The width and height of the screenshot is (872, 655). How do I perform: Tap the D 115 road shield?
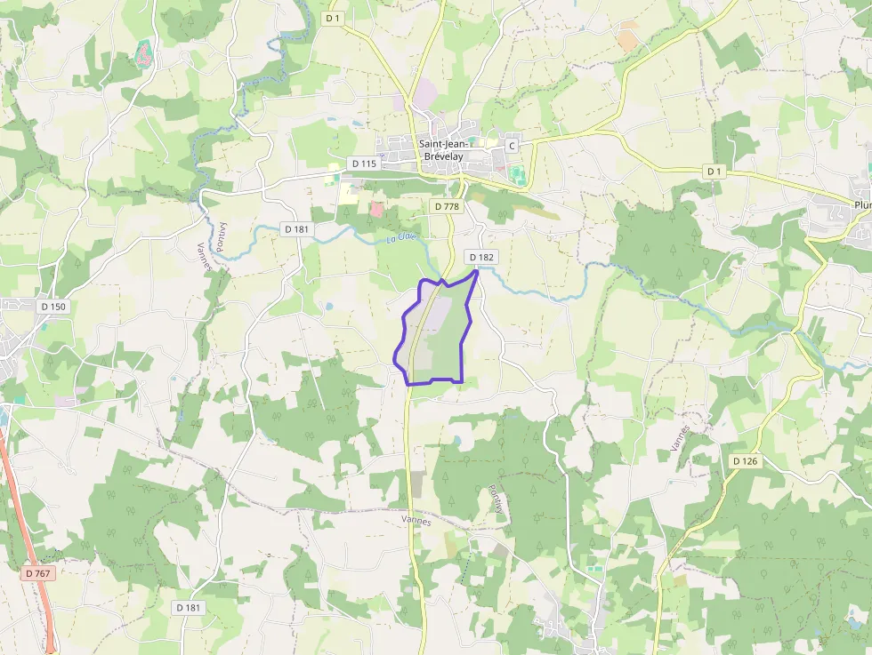coord(364,164)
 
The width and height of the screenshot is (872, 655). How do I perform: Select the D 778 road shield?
coord(448,206)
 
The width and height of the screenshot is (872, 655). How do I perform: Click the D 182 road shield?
coord(481,257)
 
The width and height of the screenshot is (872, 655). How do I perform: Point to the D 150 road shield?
coord(53,306)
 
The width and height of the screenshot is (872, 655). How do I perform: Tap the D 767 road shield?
coord(38,573)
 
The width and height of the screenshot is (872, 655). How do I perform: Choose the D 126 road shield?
coord(746,461)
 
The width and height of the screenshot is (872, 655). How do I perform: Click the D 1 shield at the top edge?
coord(334,18)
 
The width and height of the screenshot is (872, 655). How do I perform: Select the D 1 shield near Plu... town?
coord(715,171)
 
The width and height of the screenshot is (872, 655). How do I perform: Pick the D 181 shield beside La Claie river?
coord(297,228)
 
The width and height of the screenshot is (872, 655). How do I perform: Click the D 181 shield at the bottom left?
coord(189,607)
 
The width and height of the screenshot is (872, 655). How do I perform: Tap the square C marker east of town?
coord(512,145)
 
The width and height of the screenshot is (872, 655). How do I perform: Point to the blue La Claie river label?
coord(401,238)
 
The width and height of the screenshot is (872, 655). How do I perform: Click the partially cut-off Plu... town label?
coord(861,204)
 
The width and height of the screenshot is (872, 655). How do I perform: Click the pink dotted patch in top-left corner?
coord(143,55)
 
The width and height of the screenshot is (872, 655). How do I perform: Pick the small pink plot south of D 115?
coord(377,209)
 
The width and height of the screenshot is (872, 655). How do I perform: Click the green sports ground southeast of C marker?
coord(518,175)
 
